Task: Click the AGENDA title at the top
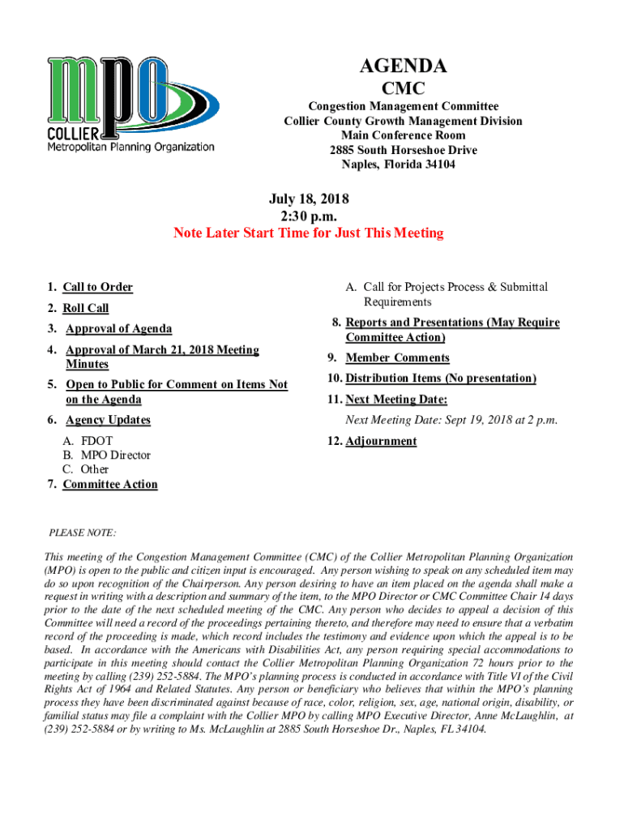coord(403,66)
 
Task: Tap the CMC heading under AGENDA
coord(403,88)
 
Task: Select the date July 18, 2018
coord(309,199)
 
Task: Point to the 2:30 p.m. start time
coord(309,216)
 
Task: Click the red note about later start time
coord(309,233)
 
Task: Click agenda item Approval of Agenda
coord(118,329)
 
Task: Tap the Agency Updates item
coord(108,420)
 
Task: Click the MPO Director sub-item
coord(115,456)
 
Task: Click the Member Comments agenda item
coord(397,358)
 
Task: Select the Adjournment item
coord(381,442)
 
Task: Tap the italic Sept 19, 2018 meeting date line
coord(451,420)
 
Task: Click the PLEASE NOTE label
coord(83,533)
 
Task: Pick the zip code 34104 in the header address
coord(438,165)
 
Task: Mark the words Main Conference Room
coord(403,135)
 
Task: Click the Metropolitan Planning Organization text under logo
coord(130,148)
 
